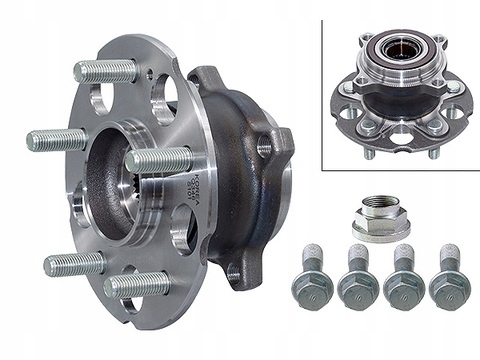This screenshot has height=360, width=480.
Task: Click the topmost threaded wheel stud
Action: point(106,71)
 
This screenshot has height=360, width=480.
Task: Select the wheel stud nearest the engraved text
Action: point(157,159)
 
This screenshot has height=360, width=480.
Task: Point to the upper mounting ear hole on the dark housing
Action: point(264,149)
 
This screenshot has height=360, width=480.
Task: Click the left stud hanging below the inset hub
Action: point(369,151)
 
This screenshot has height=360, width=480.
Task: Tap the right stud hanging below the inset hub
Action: point(433,151)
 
